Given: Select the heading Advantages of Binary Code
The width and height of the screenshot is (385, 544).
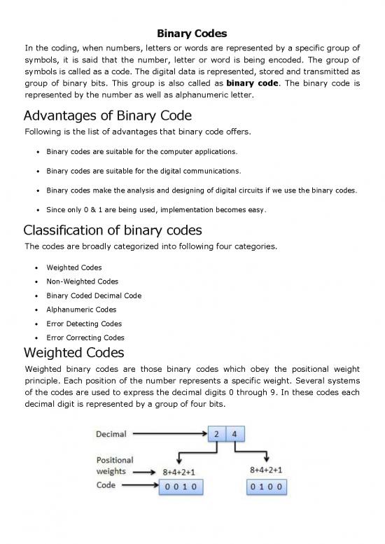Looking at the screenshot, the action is coord(108,116).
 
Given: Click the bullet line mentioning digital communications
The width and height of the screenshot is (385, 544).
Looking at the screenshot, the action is coord(143,171).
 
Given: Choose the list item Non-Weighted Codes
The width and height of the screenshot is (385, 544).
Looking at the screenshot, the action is coord(83,281).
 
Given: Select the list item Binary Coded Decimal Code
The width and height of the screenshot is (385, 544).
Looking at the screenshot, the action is coord(94,295).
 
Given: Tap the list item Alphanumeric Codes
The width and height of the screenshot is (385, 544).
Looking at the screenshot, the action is coord(81,309).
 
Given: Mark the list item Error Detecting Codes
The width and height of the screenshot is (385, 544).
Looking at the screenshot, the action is coord(84,323).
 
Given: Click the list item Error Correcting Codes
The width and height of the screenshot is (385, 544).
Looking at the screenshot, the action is coord(85,337).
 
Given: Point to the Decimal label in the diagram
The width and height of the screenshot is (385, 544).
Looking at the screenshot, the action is coord(111,434).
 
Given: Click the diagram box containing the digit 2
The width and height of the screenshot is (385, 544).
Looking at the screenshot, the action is coord(218,434).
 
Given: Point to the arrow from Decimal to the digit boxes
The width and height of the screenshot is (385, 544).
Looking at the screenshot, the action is coord(169,434).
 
